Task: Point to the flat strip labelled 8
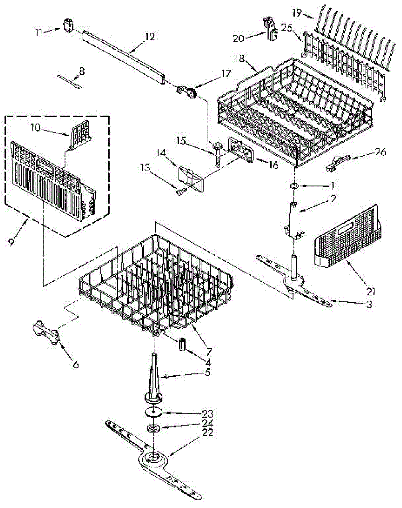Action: (x=70, y=80)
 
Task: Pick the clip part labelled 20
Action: (x=269, y=28)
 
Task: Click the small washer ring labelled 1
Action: (x=293, y=185)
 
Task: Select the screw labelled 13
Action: (x=179, y=193)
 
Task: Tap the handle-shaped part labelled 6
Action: (x=47, y=332)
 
